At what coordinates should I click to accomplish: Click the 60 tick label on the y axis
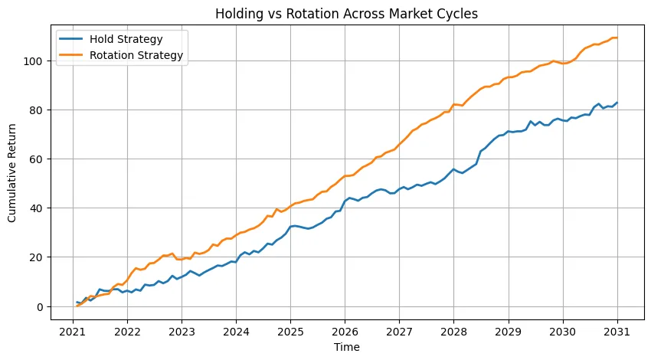44,159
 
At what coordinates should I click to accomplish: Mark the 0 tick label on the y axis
47,306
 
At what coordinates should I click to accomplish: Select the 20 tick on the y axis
44,257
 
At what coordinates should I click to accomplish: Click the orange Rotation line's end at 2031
617,38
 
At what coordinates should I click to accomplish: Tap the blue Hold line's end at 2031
617,103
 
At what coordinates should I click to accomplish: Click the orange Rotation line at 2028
454,104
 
